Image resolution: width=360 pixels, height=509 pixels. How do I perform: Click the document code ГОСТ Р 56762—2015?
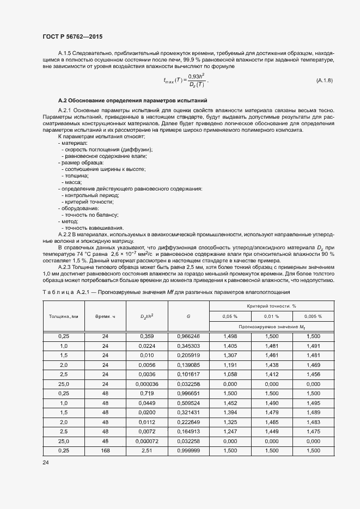[72, 36]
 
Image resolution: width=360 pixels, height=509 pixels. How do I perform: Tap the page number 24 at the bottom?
[46, 463]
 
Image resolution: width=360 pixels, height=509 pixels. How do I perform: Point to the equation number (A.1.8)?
[324, 81]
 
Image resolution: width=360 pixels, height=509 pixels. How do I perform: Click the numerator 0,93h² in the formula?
[196, 76]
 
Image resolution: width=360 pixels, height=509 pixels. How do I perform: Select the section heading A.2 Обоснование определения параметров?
[132, 101]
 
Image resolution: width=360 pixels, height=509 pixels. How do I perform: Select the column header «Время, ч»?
[106, 316]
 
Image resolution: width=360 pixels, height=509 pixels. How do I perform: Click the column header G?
[188, 316]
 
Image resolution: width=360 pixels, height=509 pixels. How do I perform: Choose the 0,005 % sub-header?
[313, 316]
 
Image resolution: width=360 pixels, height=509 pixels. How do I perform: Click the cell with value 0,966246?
[188, 336]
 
